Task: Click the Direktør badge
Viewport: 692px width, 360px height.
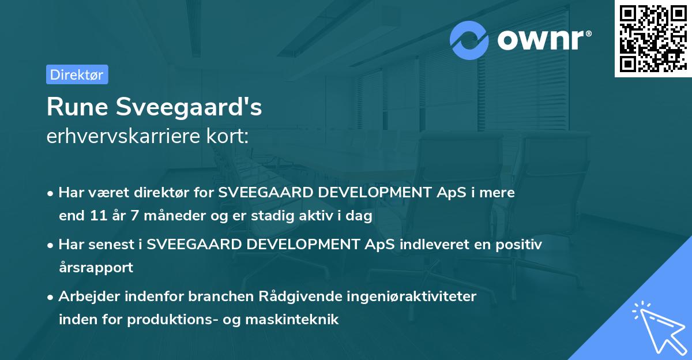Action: [77, 74]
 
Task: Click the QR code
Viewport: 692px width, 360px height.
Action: [653, 38]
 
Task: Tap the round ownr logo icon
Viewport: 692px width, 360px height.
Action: [469, 40]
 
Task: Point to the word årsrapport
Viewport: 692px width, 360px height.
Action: [96, 268]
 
